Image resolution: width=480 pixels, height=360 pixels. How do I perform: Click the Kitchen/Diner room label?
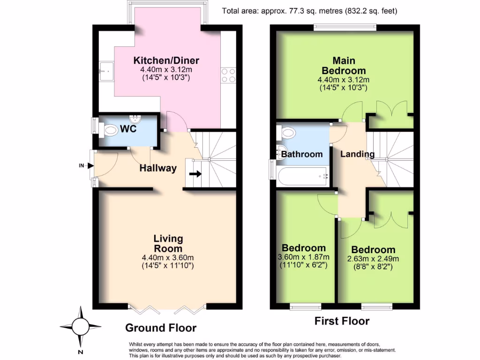tap(166, 60)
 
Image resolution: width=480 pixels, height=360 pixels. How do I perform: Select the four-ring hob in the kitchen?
tap(228, 75)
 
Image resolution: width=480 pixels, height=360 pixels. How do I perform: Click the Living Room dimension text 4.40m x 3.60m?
tap(167, 257)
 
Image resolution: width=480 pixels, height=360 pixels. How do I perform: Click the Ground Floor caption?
tap(160, 328)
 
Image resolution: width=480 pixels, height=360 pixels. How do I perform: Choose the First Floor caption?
tap(342, 321)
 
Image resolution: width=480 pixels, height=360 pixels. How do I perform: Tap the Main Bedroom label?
tap(344, 66)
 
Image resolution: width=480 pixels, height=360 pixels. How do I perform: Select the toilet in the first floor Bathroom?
tap(289, 133)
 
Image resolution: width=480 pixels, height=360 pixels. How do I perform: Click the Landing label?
tap(357, 154)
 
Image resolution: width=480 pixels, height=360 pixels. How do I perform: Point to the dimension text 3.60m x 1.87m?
tap(303, 257)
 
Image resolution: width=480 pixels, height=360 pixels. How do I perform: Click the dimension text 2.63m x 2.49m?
tap(373, 259)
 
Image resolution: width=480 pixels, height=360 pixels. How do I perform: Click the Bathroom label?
tap(302, 154)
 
